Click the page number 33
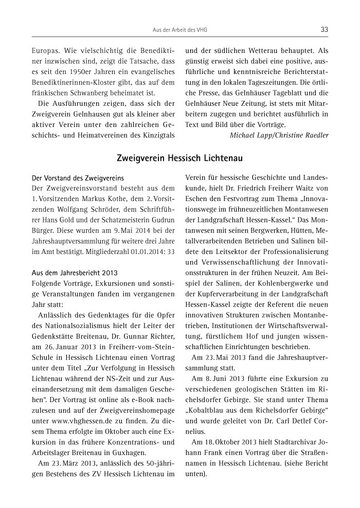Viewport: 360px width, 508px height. click(x=324, y=30)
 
